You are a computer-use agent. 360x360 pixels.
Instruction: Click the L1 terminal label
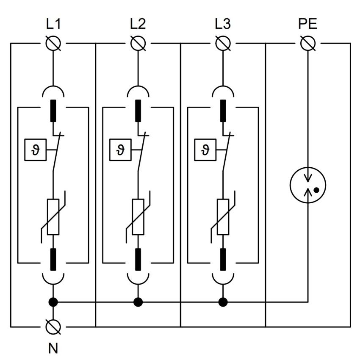53,24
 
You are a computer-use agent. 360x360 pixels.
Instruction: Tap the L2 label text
138,24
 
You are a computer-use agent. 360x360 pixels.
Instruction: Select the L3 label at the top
223,24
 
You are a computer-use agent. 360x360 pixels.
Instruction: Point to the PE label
308,24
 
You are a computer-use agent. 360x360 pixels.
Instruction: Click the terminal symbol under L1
53,43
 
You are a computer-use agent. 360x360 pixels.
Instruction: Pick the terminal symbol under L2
138,43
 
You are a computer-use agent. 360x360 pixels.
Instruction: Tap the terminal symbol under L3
223,43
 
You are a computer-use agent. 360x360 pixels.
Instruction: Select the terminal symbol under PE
308,43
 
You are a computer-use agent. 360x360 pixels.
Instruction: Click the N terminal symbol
53,327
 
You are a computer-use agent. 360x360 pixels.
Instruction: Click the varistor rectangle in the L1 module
53,217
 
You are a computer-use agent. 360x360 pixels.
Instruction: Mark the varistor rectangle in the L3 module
223,217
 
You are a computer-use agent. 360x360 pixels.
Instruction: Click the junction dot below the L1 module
53,302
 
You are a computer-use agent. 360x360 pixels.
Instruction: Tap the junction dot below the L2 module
138,302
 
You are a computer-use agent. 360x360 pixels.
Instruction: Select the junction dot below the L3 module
223,302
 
